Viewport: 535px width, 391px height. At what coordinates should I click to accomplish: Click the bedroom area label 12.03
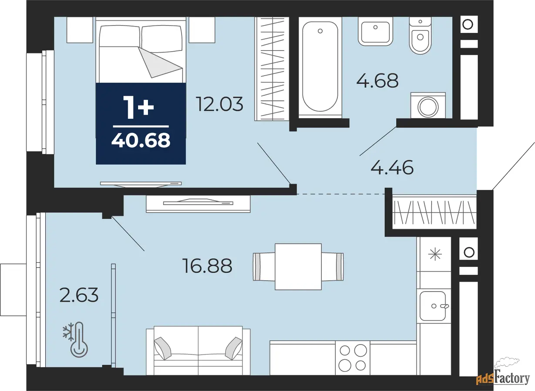click(x=219, y=104)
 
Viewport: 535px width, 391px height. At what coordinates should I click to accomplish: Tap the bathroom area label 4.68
click(x=377, y=80)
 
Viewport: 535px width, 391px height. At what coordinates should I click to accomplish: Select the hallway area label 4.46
click(x=392, y=167)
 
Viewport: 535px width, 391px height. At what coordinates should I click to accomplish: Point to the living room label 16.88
click(x=207, y=265)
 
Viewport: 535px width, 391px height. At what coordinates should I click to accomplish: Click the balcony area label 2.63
click(x=79, y=295)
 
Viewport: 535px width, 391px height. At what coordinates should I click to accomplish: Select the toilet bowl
click(x=420, y=36)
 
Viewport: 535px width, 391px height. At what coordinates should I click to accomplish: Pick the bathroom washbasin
click(x=375, y=31)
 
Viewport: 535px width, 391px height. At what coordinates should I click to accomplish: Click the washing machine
click(x=428, y=105)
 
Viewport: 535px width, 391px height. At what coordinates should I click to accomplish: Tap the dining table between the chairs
click(x=298, y=267)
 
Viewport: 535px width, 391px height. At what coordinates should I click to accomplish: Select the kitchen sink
click(x=433, y=306)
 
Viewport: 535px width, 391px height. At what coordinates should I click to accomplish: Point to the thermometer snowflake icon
click(x=75, y=339)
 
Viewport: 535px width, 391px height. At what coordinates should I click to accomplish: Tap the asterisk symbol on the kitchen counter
click(x=435, y=254)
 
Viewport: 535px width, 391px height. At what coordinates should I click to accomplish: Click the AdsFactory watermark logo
click(x=503, y=376)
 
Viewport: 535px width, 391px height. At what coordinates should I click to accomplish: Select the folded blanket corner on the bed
click(x=160, y=62)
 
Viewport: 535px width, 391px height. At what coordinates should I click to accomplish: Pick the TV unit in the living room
click(x=198, y=204)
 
